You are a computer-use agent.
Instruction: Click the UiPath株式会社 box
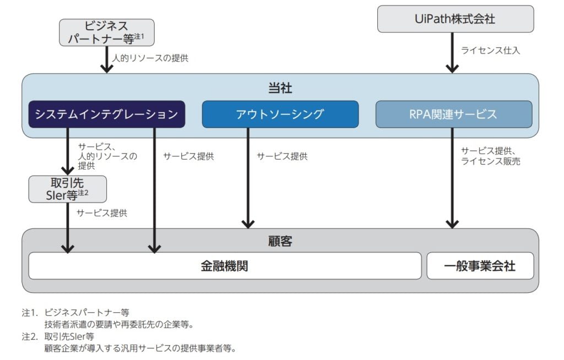click(x=455, y=19)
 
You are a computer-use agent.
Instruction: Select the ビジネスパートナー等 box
click(x=106, y=32)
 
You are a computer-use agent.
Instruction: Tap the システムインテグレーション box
click(x=106, y=114)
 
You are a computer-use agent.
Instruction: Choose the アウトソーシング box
click(x=280, y=114)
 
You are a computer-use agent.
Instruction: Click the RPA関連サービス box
click(x=453, y=114)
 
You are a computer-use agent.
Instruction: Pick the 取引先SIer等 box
click(x=67, y=189)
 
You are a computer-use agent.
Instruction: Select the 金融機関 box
click(x=225, y=266)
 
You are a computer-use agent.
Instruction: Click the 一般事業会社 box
click(x=480, y=266)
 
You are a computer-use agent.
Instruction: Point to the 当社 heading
click(x=280, y=88)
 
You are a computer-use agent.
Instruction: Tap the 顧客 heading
click(x=280, y=241)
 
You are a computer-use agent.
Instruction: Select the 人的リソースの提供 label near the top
click(x=150, y=58)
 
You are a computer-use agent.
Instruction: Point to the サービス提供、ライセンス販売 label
click(x=491, y=156)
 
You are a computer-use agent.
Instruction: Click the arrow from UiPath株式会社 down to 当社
click(x=452, y=52)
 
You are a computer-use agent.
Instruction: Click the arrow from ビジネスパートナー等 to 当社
click(x=106, y=59)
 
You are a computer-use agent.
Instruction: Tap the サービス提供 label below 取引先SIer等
click(x=101, y=212)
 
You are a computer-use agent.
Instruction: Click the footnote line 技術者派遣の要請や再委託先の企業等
click(x=118, y=324)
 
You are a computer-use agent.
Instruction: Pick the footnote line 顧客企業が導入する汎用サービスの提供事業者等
click(x=139, y=348)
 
